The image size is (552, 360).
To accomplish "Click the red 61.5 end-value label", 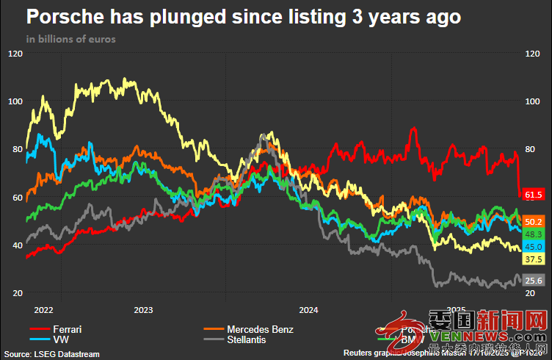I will point(533,192).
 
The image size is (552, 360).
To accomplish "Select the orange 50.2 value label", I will point(533,221).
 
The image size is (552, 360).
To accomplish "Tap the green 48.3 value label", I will point(533,234).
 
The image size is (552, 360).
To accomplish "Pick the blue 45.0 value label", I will point(533,246).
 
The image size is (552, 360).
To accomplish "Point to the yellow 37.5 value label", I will point(533,259).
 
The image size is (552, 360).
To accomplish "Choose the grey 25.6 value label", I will point(533,280).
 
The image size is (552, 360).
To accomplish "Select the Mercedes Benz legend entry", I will point(260,329).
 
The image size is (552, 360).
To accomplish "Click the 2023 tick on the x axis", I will point(144,309).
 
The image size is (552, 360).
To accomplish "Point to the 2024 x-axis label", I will point(309,309).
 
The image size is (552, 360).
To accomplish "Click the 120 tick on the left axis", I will point(15,54).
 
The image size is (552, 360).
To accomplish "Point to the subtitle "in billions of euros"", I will point(70,38).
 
